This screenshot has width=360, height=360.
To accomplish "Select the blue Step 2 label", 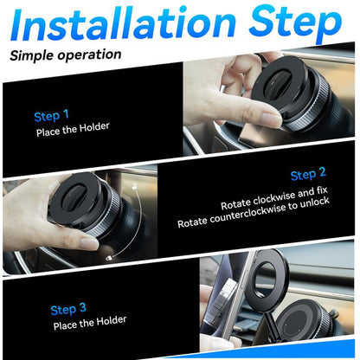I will [308, 175].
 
